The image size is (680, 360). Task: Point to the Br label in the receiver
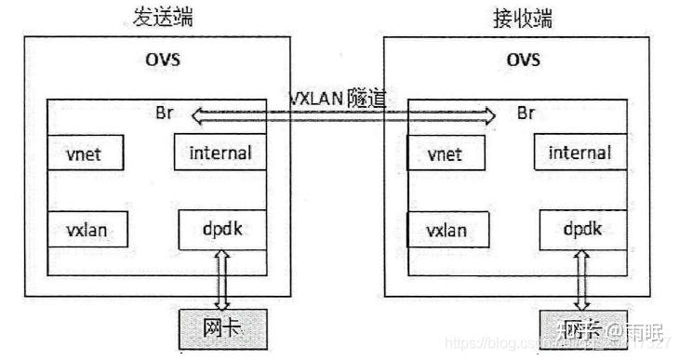coord(526,114)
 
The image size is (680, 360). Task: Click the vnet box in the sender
coord(87,153)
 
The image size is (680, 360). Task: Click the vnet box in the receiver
coord(446,153)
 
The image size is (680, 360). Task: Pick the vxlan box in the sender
coord(87,229)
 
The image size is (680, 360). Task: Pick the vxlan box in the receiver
coord(446,229)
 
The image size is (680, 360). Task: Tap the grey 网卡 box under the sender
coord(222,327)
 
